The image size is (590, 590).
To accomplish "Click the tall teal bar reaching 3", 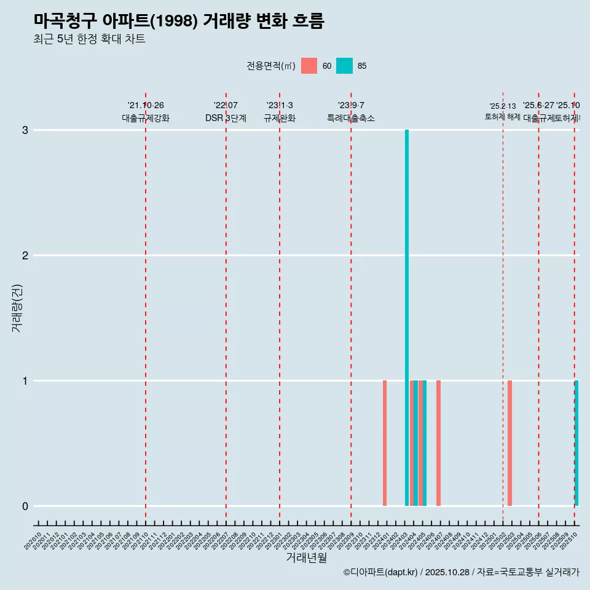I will [407, 317].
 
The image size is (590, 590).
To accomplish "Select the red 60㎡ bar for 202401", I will [385, 443].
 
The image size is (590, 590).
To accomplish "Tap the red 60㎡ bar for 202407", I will [438, 443].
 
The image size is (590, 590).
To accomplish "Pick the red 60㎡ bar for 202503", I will [509, 443].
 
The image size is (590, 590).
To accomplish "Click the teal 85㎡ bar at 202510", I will [576, 443].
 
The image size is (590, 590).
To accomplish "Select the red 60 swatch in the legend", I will [309, 66].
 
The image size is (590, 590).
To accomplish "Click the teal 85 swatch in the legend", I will [345, 66].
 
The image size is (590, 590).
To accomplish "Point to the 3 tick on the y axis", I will [25, 130].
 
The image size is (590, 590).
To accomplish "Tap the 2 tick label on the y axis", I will [25, 256].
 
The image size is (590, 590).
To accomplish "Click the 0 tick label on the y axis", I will [25, 506].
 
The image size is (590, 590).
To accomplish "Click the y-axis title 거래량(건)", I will [17, 307].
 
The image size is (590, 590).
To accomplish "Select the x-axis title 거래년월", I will [306, 557].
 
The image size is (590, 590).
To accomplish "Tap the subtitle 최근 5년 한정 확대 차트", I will [89, 39].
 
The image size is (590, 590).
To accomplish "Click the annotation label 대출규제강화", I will [145, 118].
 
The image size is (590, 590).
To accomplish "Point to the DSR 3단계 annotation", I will [226, 118].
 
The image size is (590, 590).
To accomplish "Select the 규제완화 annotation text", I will [279, 118].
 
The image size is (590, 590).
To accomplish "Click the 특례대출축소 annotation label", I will [350, 118].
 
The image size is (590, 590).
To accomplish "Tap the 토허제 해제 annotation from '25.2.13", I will [502, 117].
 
